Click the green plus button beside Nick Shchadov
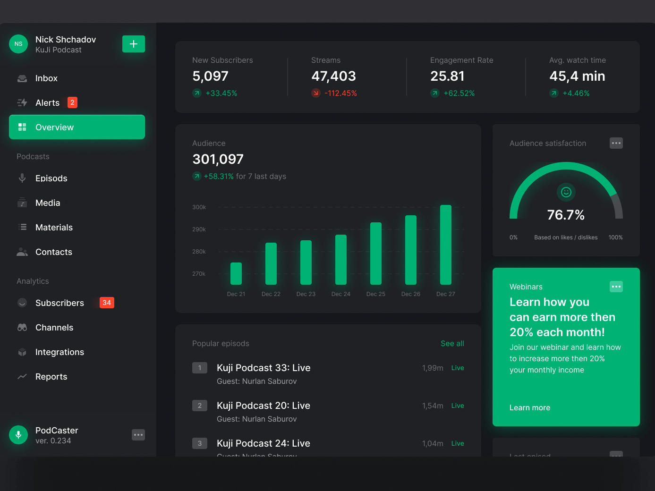coord(134,44)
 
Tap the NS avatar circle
coord(18,44)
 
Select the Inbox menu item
coord(46,78)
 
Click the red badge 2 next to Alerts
coord(72,102)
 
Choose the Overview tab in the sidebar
coord(77,127)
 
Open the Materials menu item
coord(54,228)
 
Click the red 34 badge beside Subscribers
coord(107,303)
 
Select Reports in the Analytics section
coord(51,377)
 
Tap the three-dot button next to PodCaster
coord(138,435)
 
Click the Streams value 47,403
coord(333,76)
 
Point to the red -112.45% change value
coord(340,93)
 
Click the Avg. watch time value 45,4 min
coord(577,76)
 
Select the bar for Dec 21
coord(236,273)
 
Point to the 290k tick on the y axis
coord(199,229)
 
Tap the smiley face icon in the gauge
coord(566,192)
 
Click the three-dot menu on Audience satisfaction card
coord(616,143)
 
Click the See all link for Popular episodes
coord(452,344)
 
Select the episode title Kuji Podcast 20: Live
coord(264,406)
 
